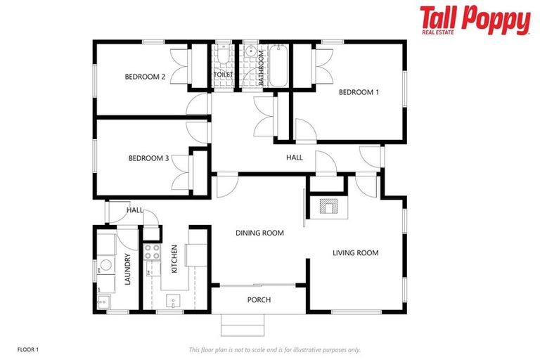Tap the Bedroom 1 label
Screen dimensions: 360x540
(x=359, y=92)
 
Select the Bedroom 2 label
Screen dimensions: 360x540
(x=145, y=77)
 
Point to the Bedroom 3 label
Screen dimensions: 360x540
(x=148, y=158)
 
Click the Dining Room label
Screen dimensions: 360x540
(x=259, y=233)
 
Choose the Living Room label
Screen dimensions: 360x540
(x=355, y=253)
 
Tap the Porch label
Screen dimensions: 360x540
(x=259, y=300)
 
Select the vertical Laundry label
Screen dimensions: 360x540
(x=128, y=269)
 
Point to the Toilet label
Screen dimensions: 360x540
(x=223, y=73)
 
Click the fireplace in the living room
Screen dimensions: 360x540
(x=328, y=206)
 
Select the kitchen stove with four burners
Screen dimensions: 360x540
(x=151, y=252)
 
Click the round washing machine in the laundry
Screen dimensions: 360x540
(x=105, y=265)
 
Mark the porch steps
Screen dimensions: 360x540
(x=243, y=325)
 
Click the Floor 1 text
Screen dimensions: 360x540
(x=27, y=349)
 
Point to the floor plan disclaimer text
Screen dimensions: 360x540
(x=274, y=349)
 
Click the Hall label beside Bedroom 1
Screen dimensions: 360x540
(x=295, y=157)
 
